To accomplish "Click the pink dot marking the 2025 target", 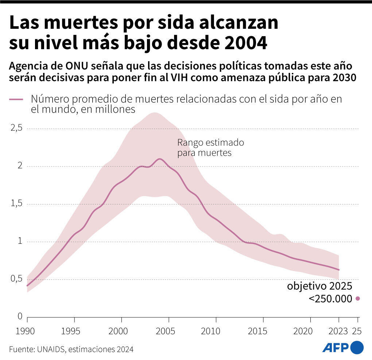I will coord(358,298).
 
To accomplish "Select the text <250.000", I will coord(330,298).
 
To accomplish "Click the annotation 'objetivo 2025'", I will coord(319,286).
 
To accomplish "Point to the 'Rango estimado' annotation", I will coord(210,142).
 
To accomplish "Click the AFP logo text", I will coord(336,347).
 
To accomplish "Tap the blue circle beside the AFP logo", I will coord(357,347).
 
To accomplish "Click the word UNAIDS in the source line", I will coord(51,349).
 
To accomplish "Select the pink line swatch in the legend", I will coord(16,99).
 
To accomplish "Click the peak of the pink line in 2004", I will coord(159,159).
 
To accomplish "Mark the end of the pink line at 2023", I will coord(339,270).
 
